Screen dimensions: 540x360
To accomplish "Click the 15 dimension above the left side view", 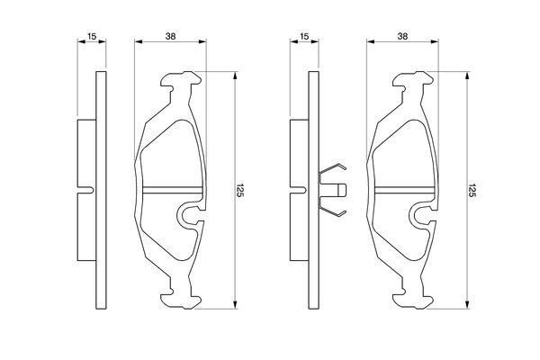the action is [92, 36].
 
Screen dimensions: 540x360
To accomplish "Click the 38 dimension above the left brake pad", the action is [170, 36].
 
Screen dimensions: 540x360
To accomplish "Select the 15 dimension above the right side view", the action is [304, 36].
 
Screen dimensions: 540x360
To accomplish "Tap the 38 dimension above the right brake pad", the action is [402, 36].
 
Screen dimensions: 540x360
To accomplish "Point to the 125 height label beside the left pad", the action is [240, 190].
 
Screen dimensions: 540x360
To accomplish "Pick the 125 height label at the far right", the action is [472, 190].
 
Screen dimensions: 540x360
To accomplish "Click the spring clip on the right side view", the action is [332, 190].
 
